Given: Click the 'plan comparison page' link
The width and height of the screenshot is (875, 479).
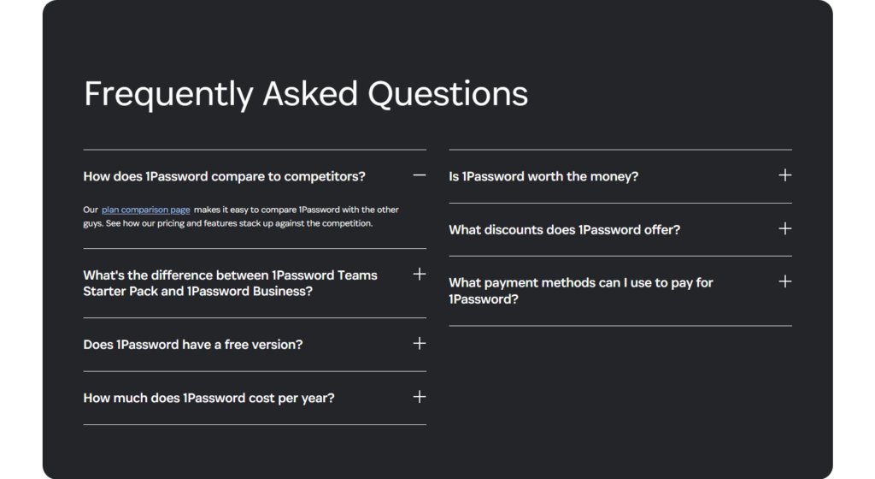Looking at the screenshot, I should [145, 210].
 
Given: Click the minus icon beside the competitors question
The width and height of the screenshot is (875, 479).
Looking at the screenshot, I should [419, 175].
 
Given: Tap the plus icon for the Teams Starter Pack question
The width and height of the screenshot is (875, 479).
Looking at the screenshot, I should [419, 274].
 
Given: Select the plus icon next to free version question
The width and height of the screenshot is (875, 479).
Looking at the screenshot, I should [419, 343].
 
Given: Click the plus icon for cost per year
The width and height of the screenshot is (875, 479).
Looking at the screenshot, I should [419, 397].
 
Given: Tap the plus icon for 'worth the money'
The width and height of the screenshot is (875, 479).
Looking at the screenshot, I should [784, 175].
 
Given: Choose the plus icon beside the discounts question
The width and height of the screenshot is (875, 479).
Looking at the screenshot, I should [784, 228].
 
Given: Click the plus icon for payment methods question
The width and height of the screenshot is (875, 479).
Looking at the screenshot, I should [784, 281].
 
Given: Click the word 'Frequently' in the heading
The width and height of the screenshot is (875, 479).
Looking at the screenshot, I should [168, 94].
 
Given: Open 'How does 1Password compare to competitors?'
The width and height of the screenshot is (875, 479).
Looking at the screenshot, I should [224, 176].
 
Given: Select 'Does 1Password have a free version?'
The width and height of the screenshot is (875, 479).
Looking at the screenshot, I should [192, 345].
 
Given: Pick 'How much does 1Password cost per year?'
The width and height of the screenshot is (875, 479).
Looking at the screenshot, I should [208, 398].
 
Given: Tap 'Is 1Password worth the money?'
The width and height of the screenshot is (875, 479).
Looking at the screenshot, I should [543, 176].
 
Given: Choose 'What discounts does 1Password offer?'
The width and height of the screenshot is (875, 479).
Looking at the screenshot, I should [564, 229].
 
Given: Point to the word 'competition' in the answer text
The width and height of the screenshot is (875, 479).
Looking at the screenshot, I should [344, 223].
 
